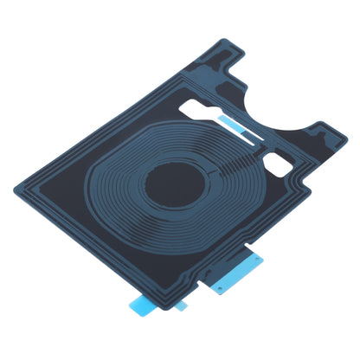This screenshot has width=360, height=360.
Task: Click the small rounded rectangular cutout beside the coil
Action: (x=284, y=161)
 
